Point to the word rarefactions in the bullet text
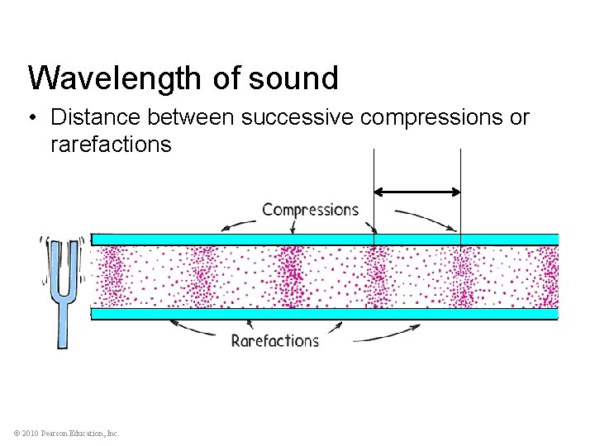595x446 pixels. tap(111, 145)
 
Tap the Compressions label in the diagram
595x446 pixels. tap(310, 210)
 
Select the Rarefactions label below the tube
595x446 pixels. tap(274, 340)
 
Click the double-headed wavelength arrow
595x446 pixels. tap(417, 192)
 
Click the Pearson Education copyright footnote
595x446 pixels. tap(66, 434)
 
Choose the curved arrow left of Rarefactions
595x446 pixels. tap(198, 330)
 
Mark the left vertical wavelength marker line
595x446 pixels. tap(374, 198)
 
